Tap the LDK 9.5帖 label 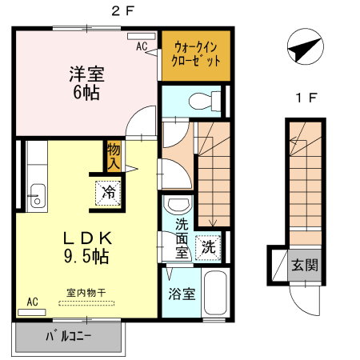[x=87, y=247]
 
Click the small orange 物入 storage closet [x=113, y=157]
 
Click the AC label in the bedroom [x=142, y=46]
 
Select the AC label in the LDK [x=32, y=302]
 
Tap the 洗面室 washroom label [x=182, y=238]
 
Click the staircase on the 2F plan [x=213, y=172]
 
